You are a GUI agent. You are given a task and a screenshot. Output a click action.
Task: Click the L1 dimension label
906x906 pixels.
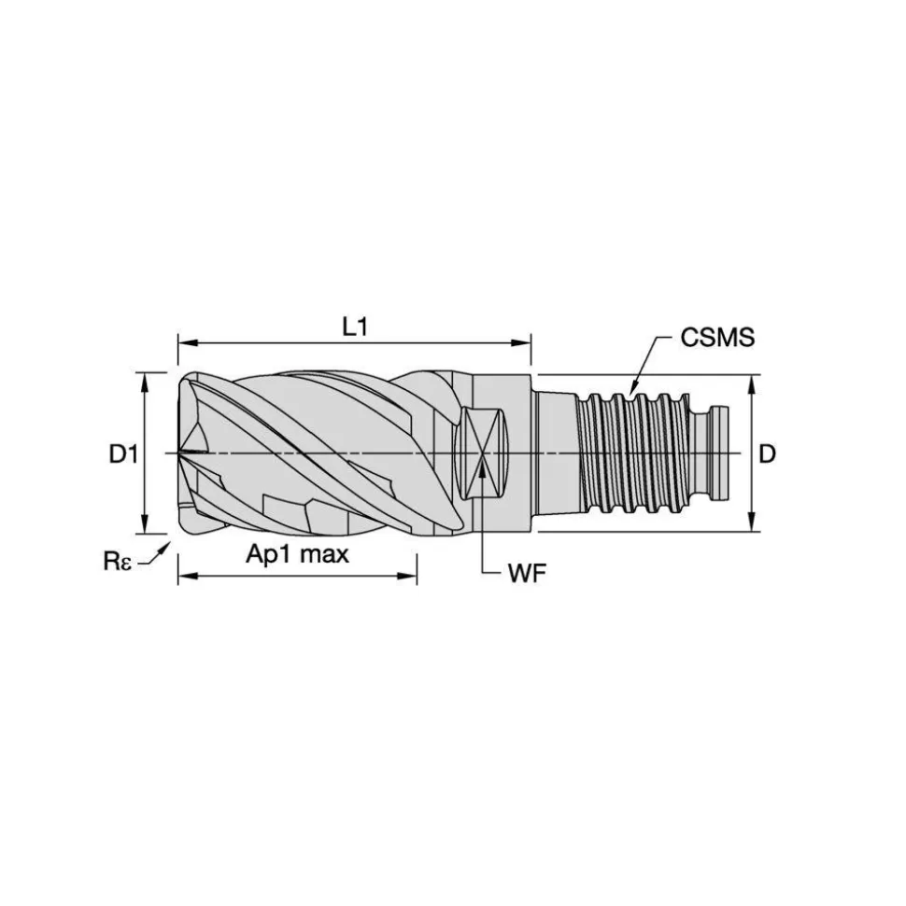(x=355, y=328)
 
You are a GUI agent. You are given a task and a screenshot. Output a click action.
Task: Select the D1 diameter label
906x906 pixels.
(x=124, y=454)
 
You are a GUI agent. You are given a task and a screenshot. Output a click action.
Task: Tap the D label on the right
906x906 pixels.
(x=767, y=454)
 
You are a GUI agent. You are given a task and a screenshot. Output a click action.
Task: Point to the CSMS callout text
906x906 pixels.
(x=717, y=338)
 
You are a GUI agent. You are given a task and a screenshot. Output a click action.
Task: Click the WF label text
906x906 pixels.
(x=527, y=573)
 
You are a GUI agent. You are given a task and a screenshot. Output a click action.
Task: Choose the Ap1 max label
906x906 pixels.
(x=297, y=554)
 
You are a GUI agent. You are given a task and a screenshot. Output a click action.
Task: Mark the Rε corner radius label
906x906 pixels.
(x=118, y=561)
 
